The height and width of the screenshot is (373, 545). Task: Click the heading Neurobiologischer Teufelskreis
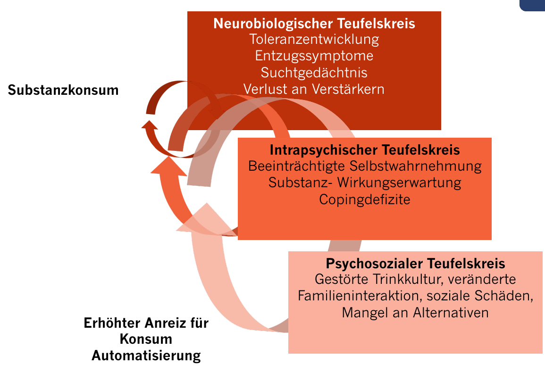point(314,24)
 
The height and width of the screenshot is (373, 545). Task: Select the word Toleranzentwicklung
point(314,40)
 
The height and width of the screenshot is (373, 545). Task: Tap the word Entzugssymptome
point(314,56)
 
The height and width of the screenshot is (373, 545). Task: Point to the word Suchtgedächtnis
point(314,73)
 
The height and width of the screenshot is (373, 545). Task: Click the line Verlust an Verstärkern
point(314,89)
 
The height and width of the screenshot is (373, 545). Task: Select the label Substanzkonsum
point(63,90)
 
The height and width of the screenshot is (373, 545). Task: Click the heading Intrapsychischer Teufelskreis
point(365,150)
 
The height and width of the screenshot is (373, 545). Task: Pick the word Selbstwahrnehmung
point(415,166)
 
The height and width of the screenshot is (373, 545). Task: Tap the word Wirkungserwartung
point(399,183)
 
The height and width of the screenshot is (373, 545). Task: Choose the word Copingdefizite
point(365,199)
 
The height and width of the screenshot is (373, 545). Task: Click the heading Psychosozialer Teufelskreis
point(415,264)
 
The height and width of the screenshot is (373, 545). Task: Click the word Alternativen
point(451,313)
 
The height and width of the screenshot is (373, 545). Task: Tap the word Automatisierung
point(146,356)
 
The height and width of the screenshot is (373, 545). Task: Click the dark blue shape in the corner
point(532,5)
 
